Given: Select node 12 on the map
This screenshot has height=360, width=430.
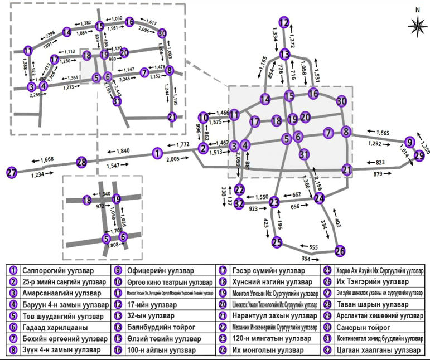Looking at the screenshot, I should (x=285, y=23).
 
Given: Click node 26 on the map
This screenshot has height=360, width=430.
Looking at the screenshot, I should (x=340, y=250).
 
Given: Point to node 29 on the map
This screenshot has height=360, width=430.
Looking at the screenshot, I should (x=419, y=156).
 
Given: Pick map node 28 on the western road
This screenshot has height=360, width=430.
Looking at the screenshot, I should (x=82, y=162).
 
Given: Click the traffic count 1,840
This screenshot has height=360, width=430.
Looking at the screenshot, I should (x=123, y=151).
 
